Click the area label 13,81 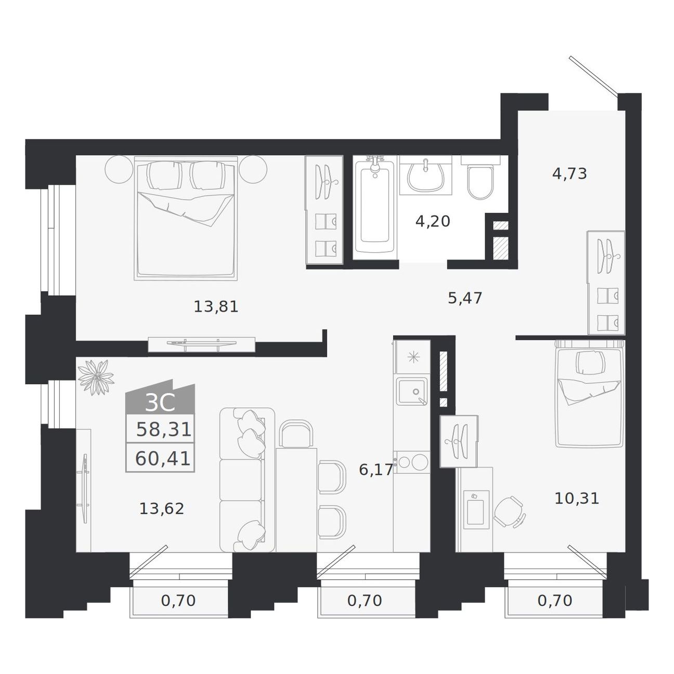[x=216, y=307]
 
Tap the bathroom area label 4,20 [x=433, y=221]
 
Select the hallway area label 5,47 [x=465, y=298]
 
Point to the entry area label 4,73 [x=569, y=174]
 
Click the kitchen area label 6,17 [x=376, y=470]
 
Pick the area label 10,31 [x=577, y=498]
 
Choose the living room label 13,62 [x=162, y=509]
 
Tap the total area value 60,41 [x=163, y=459]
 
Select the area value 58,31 [x=164, y=429]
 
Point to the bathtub [x=375, y=208]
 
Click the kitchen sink [x=412, y=391]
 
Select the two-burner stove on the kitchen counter [x=412, y=462]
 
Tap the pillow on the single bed [x=590, y=362]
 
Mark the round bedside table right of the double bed [x=253, y=170]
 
